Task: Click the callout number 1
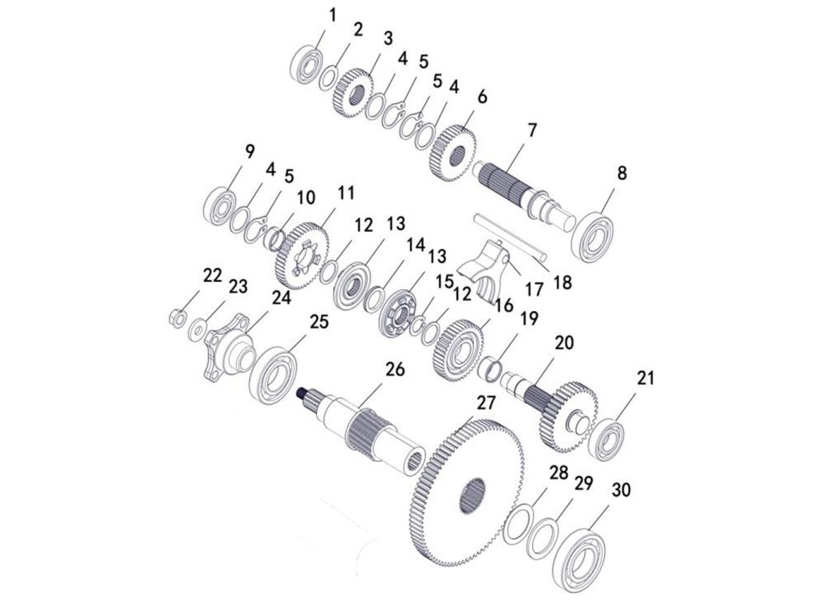[333, 16]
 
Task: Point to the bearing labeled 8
[592, 237]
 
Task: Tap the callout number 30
[621, 490]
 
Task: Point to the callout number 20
[564, 343]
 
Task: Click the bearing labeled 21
[606, 439]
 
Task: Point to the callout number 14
[416, 245]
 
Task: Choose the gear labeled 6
[453, 153]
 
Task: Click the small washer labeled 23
[198, 329]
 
